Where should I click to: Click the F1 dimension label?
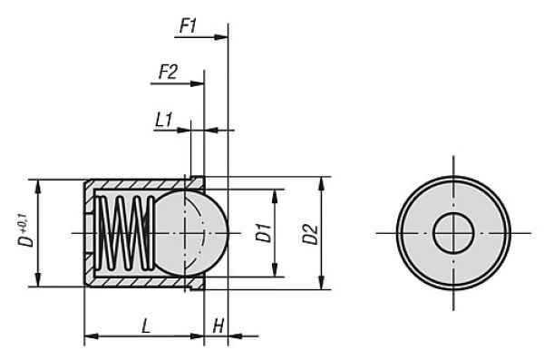[x=188, y=26]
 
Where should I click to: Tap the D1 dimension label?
[x=263, y=232]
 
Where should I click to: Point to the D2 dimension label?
[x=310, y=233]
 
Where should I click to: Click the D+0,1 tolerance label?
[x=26, y=232]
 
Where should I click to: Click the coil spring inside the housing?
[x=122, y=232]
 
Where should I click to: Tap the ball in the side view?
[x=190, y=232]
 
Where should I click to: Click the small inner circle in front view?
[x=452, y=233]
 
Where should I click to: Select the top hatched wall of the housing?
[x=136, y=184]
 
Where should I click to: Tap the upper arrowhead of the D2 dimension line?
[x=321, y=181]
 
